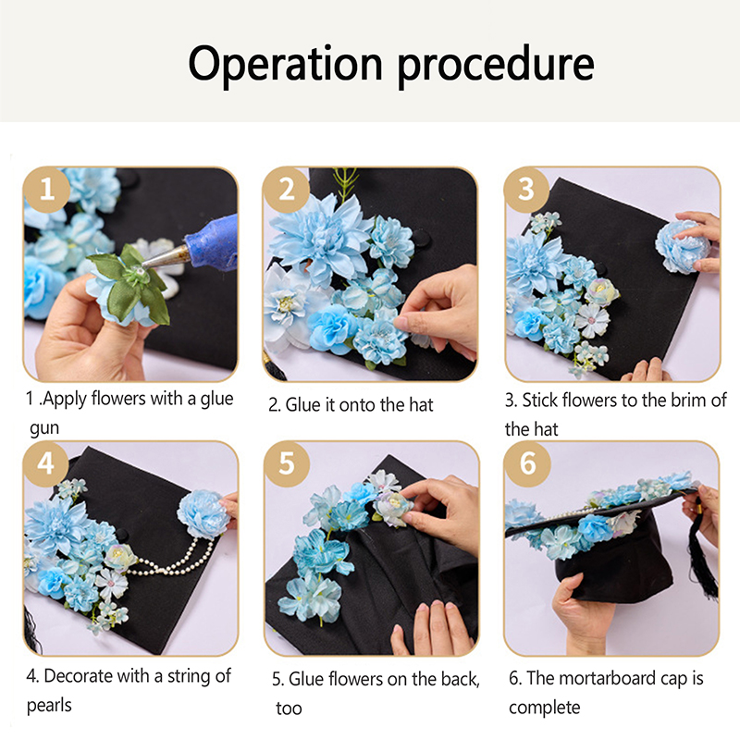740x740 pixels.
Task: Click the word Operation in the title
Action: (x=285, y=65)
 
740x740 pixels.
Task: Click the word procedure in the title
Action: (x=496, y=66)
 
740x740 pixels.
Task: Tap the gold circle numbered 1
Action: (x=47, y=190)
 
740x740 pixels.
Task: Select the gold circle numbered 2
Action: (x=287, y=190)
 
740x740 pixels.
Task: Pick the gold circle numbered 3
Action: (x=526, y=190)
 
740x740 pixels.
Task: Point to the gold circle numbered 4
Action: (x=46, y=464)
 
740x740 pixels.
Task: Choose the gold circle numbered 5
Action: (x=287, y=464)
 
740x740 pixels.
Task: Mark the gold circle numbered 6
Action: (x=527, y=464)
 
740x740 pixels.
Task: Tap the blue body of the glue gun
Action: (x=213, y=240)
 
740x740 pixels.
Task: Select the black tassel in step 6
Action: (x=702, y=557)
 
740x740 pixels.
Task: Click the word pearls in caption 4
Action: (x=49, y=706)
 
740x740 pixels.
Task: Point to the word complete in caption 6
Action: (x=545, y=708)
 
